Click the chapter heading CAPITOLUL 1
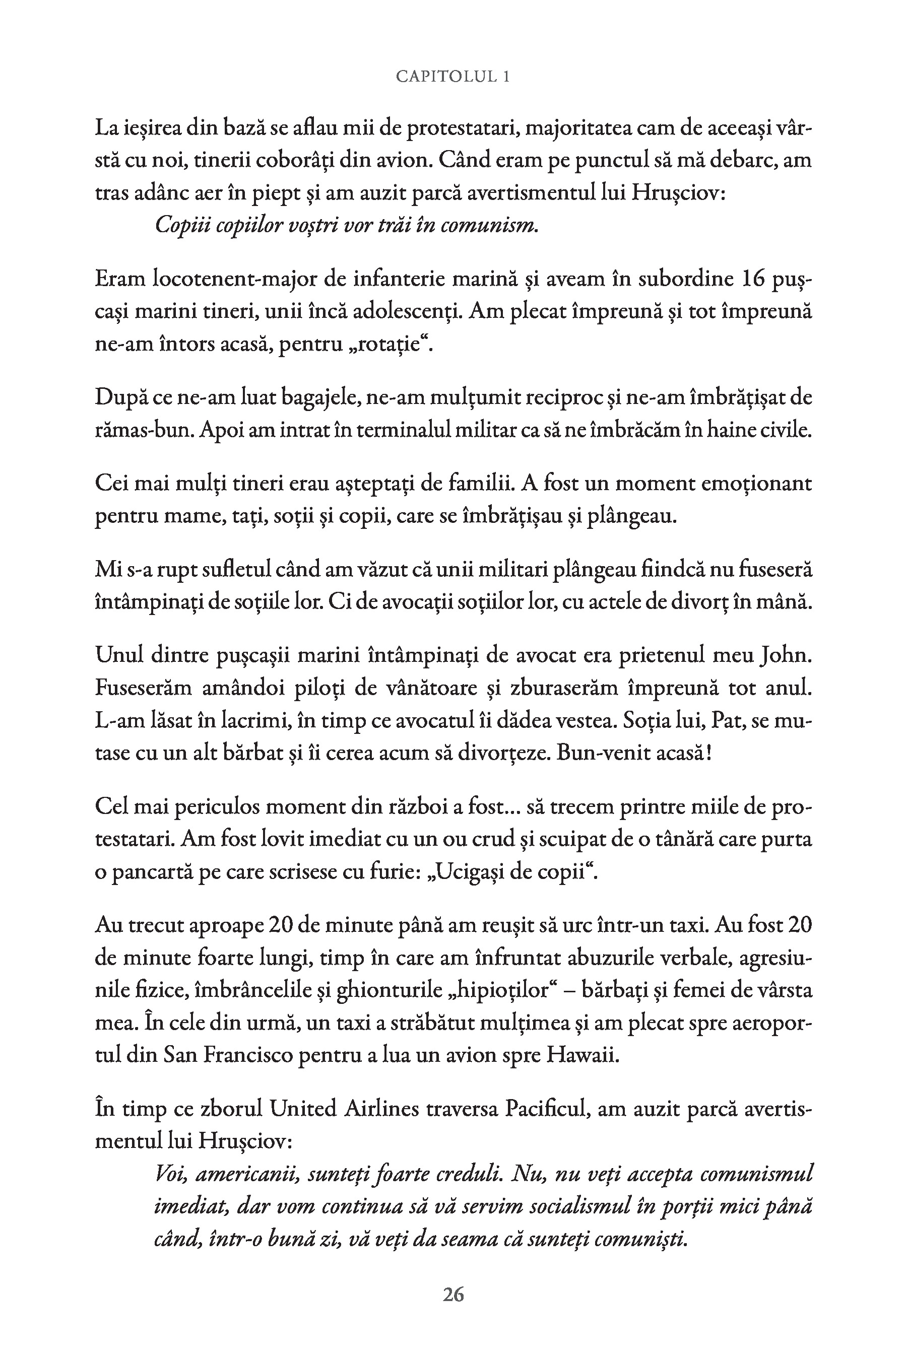click(453, 77)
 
